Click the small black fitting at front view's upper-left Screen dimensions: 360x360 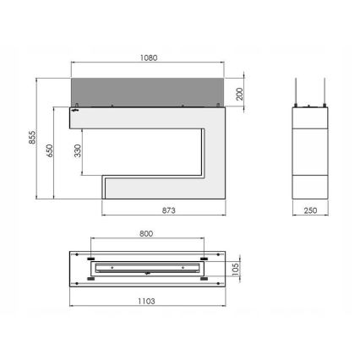pyautogui.click(x=74, y=110)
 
